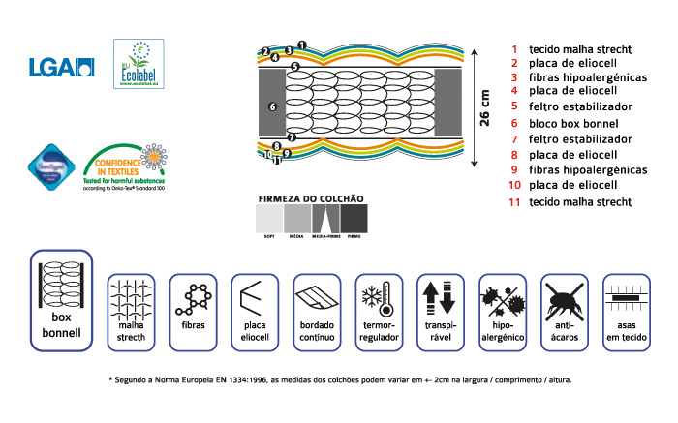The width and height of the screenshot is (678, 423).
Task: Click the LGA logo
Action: [x=63, y=67]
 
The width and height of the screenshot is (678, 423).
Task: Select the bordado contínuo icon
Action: [x=317, y=296]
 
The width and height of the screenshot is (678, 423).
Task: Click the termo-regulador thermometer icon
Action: [x=379, y=296]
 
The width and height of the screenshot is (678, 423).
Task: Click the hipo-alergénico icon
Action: [x=503, y=296]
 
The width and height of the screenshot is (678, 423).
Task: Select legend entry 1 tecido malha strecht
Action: [x=571, y=48]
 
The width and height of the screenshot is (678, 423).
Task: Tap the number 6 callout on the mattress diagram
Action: [x=272, y=106]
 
